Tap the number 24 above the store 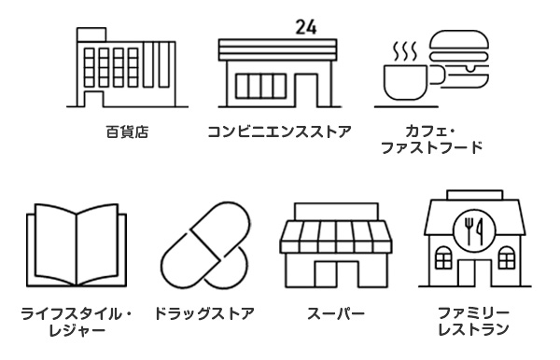pyautogui.click(x=304, y=26)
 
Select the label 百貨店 pyautogui.click(x=125, y=132)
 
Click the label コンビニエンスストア pyautogui.click(x=279, y=132)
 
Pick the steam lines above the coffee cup pyautogui.click(x=404, y=47)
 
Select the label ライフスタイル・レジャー pyautogui.click(x=77, y=321)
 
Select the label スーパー pyautogui.click(x=335, y=312)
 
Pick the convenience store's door pyautogui.click(x=307, y=92)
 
